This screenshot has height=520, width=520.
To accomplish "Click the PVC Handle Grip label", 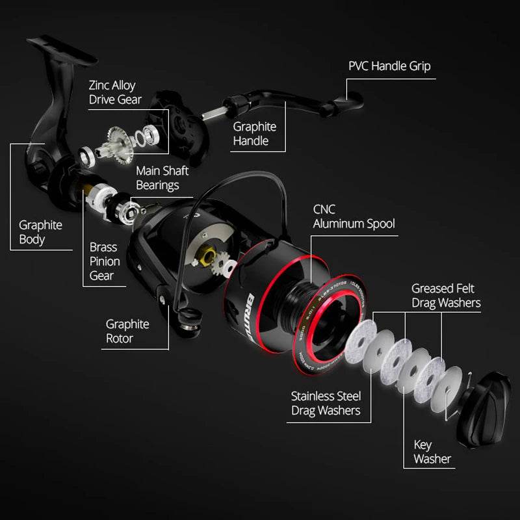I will coord(389,66).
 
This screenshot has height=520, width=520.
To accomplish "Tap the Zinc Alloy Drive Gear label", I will coord(115,92).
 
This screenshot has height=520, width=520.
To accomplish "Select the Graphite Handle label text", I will coord(255,133).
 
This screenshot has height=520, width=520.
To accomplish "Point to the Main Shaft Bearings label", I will coord(162,178).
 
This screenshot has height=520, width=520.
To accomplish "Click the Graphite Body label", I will coord(40,232).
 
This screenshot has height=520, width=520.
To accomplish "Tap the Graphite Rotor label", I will coord(127,331).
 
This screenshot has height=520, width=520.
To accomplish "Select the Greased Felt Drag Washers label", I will coord(446,295).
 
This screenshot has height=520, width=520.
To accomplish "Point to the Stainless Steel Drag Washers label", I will coord(326,403).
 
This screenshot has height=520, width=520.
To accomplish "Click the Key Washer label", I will coord(432,452).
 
